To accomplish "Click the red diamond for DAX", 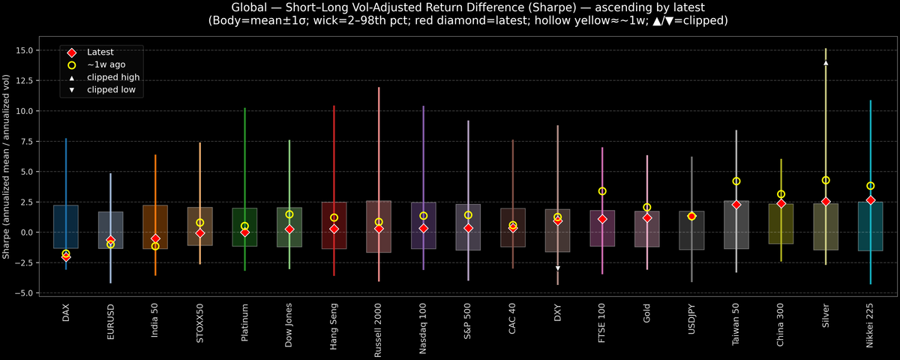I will pos(66,256).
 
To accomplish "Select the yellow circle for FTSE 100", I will pos(602,191).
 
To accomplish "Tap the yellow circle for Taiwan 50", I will pos(736,181).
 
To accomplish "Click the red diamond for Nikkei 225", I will pos(870,200).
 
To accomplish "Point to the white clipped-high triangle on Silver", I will pos(826,63).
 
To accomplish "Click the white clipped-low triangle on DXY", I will pos(557,268).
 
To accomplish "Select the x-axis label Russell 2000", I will pos(379,323).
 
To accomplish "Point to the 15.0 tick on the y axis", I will pos(29,50).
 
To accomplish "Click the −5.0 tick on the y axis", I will pos(29,292).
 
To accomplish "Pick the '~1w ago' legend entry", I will pos(104,65).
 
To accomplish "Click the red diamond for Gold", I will pos(646,217).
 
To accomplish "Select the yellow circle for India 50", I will pos(155,246).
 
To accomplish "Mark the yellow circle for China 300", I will pos(781,194).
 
